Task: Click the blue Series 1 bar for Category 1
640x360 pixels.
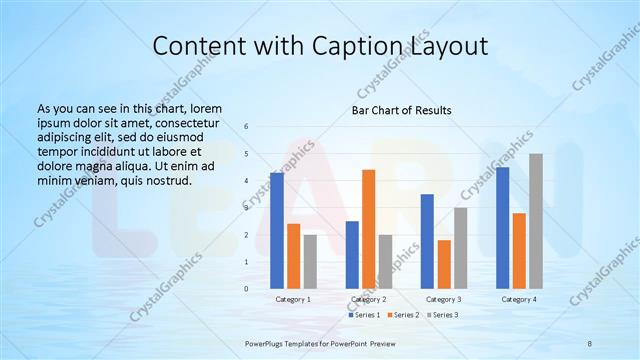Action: pyautogui.click(x=276, y=231)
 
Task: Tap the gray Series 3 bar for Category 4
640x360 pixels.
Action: pyautogui.click(x=536, y=221)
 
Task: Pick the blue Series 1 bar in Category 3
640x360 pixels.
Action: pyautogui.click(x=427, y=241)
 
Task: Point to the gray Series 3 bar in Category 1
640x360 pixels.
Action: pyautogui.click(x=310, y=261)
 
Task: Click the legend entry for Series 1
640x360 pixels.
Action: pyautogui.click(x=364, y=315)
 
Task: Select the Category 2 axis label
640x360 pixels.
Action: pyautogui.click(x=368, y=299)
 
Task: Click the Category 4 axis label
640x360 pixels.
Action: pyautogui.click(x=519, y=299)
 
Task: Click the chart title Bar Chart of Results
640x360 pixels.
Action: pyautogui.click(x=401, y=110)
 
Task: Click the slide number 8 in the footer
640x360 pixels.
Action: pyautogui.click(x=590, y=344)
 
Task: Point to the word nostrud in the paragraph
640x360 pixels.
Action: pyautogui.click(x=166, y=180)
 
